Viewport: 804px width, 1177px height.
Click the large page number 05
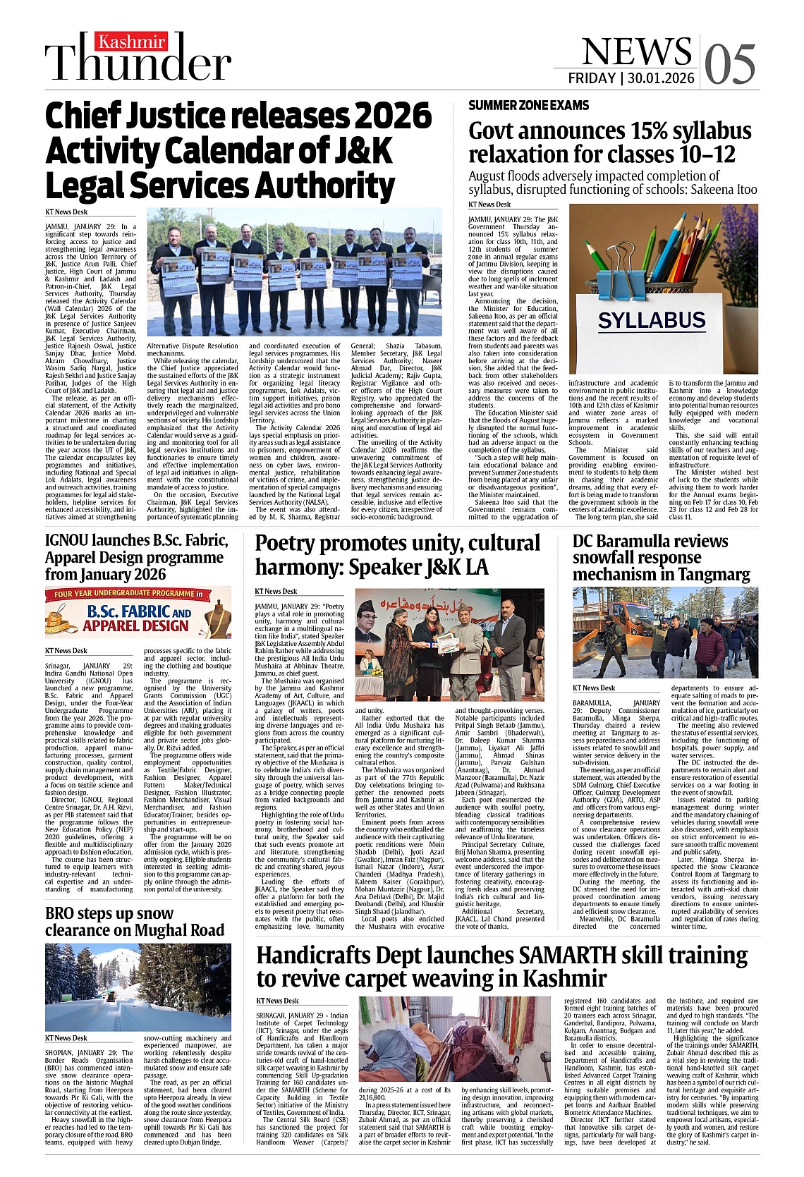point(729,63)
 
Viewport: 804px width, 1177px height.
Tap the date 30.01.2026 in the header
point(661,78)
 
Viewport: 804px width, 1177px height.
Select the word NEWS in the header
point(636,51)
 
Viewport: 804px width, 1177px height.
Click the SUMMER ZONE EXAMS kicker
point(528,105)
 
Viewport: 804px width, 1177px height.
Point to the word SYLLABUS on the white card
point(652,320)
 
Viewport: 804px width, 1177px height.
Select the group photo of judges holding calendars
point(294,272)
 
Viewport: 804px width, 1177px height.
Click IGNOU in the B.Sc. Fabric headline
point(68,541)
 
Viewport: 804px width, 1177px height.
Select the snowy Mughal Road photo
point(138,987)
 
